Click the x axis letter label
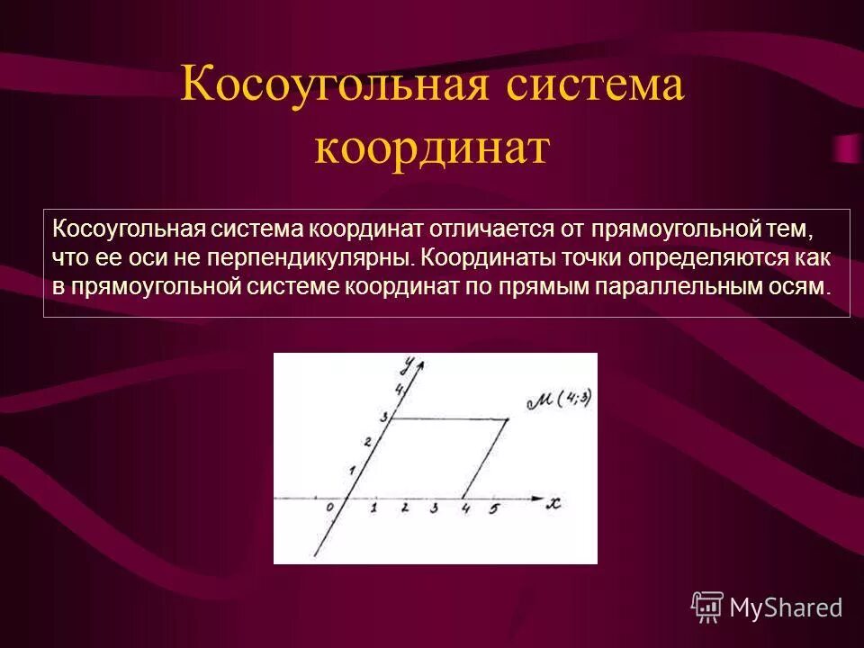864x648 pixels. click(x=553, y=504)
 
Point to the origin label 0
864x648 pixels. click(x=330, y=508)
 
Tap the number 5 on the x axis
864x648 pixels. click(x=493, y=509)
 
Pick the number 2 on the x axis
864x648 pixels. click(x=405, y=508)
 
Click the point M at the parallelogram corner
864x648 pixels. click(x=508, y=419)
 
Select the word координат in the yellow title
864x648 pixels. click(x=431, y=147)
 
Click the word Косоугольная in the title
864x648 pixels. click(x=337, y=87)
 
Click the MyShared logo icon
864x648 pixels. click(x=707, y=607)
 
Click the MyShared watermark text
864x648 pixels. click(x=786, y=608)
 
